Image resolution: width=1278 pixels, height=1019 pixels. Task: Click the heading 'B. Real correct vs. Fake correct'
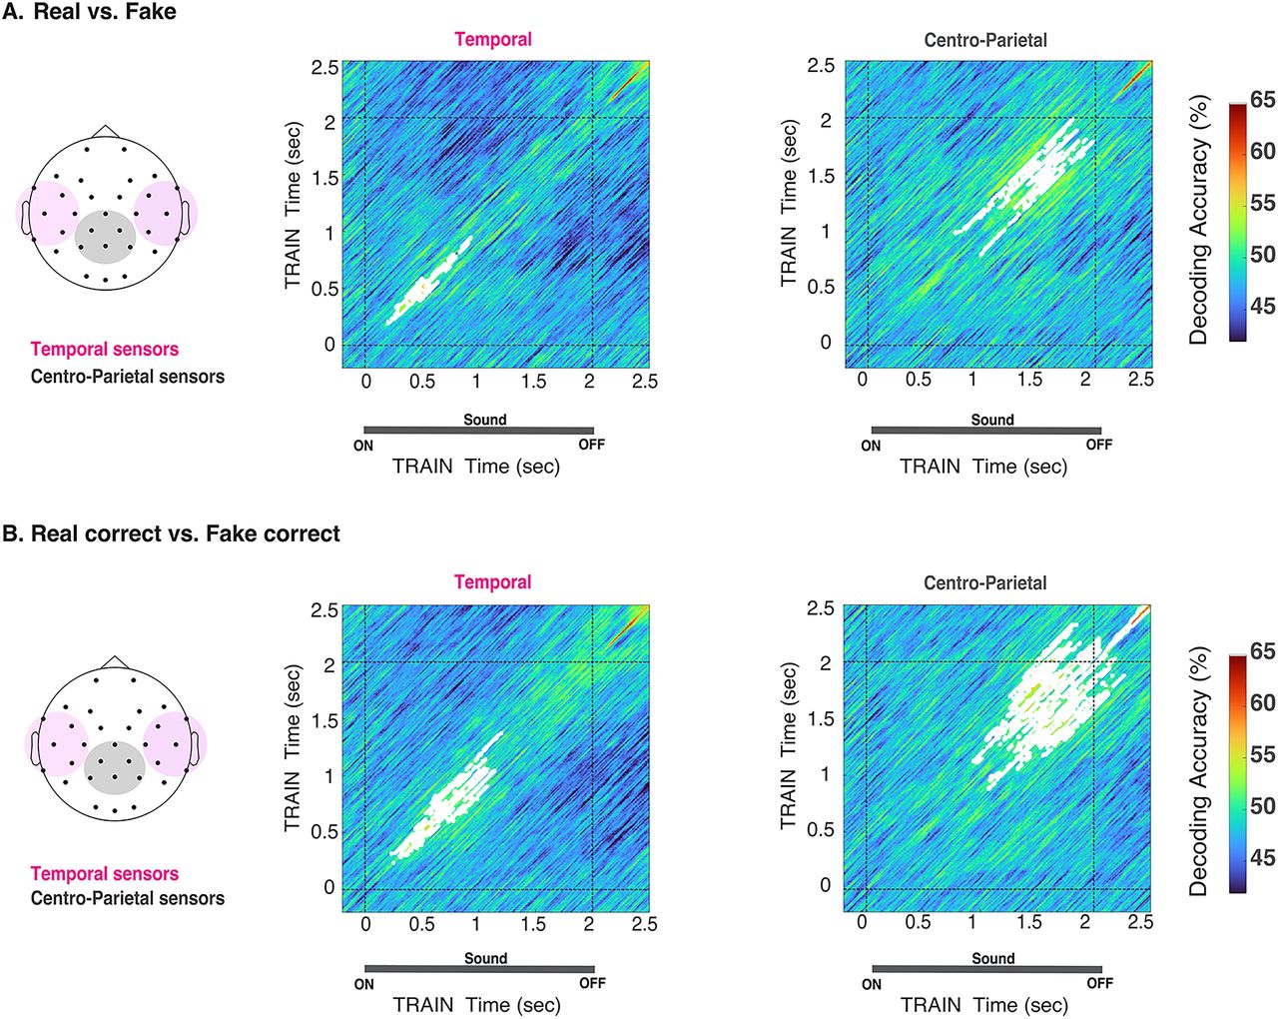click(171, 533)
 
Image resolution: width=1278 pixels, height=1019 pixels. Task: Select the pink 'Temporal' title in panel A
click(493, 40)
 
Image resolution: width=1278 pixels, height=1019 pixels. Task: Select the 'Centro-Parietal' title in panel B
click(984, 582)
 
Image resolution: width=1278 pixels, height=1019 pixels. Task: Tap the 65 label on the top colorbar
click(1262, 99)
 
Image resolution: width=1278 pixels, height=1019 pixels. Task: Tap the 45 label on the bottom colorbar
click(1263, 857)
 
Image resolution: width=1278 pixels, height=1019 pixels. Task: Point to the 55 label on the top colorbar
click(1263, 203)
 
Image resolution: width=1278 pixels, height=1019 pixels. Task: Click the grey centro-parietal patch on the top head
click(105, 238)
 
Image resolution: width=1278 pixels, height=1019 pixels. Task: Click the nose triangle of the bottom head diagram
click(115, 663)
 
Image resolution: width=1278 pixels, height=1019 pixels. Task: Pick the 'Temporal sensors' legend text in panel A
click(105, 350)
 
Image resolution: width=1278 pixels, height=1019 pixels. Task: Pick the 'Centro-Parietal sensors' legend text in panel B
click(128, 898)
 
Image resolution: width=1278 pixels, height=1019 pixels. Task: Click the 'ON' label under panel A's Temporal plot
click(363, 446)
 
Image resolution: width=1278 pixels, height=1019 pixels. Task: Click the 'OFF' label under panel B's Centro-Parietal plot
click(1099, 983)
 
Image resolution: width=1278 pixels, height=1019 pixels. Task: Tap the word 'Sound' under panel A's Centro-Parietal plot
click(992, 421)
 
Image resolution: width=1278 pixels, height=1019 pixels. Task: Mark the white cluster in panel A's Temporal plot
click(427, 284)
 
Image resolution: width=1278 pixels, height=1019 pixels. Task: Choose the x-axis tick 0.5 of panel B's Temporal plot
click(422, 924)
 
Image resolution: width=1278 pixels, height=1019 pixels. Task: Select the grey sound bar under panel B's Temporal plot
click(479, 969)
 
